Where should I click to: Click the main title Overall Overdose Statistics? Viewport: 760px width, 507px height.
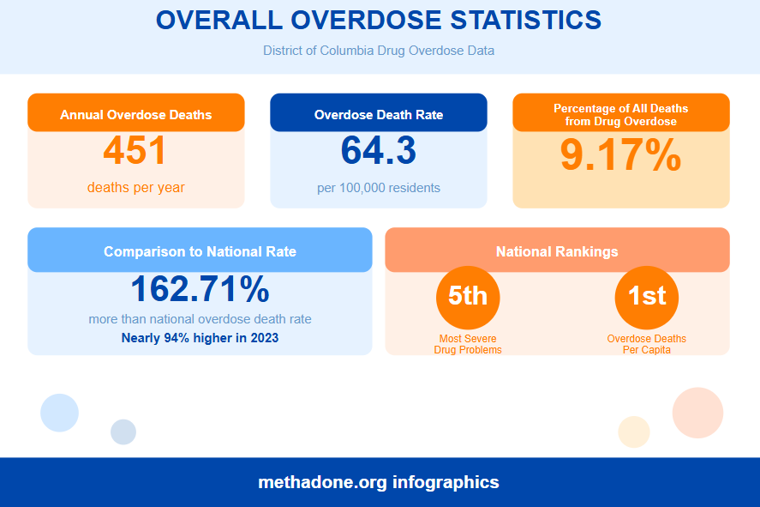click(x=379, y=21)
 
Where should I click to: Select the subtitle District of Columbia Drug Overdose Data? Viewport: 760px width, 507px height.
click(x=379, y=51)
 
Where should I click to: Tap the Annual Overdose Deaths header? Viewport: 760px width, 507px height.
click(x=136, y=114)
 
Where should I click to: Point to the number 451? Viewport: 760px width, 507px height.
click(x=135, y=152)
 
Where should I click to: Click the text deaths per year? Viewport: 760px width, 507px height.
click(x=135, y=187)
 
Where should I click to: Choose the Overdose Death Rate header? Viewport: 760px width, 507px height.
click(x=379, y=114)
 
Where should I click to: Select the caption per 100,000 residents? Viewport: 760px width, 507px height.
click(x=379, y=187)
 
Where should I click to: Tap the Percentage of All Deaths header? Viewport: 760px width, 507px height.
click(x=620, y=114)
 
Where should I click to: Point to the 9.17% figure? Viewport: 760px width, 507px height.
click(x=620, y=156)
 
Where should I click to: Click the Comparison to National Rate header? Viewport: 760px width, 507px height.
click(x=200, y=251)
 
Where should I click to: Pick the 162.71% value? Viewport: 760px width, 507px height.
click(x=200, y=290)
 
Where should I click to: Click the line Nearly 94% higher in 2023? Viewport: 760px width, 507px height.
click(x=200, y=337)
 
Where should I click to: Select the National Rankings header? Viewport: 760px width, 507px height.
click(x=557, y=251)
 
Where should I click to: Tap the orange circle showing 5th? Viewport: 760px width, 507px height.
click(x=468, y=296)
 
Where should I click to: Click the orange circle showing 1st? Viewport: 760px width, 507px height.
click(x=647, y=296)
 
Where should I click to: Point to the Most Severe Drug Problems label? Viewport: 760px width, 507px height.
click(x=468, y=344)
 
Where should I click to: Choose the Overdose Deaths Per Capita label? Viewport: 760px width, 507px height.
click(x=647, y=344)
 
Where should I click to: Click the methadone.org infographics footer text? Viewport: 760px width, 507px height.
click(x=379, y=482)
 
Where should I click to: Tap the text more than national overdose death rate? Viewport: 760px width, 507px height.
click(x=200, y=319)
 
